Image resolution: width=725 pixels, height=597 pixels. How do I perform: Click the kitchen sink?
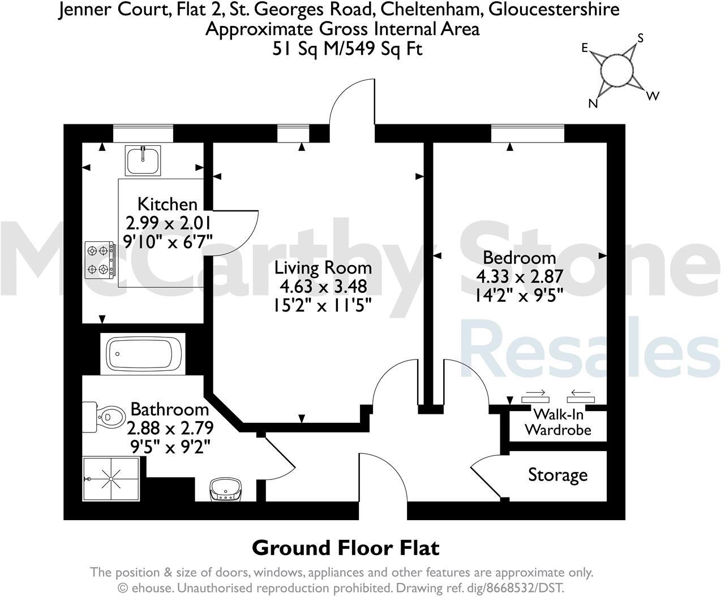click(x=143, y=160)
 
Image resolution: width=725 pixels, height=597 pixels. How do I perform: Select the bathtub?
click(x=143, y=354)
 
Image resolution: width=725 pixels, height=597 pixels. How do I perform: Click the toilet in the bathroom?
click(x=104, y=417)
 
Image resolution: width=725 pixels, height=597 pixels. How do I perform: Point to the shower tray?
click(x=111, y=479)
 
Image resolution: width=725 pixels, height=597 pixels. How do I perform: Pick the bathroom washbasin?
click(x=226, y=489)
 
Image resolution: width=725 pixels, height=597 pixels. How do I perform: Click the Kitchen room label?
click(x=168, y=204)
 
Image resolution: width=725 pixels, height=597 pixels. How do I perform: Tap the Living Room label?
click(x=323, y=268)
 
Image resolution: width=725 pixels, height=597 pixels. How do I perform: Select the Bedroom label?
click(x=520, y=258)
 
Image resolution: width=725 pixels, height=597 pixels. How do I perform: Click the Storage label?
click(x=558, y=475)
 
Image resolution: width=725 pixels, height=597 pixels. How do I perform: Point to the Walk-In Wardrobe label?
click(x=558, y=422)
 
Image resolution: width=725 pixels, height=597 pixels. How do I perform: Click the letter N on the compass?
click(x=593, y=103)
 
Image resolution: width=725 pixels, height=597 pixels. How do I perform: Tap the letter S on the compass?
click(x=641, y=38)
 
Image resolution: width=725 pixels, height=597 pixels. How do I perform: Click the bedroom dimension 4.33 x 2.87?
click(x=520, y=277)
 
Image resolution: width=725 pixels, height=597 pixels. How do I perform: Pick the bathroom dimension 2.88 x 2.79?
click(x=170, y=428)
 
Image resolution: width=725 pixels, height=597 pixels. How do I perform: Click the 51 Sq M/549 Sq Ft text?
click(x=348, y=49)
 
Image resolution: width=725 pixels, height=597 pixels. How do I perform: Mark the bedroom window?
click(x=528, y=133)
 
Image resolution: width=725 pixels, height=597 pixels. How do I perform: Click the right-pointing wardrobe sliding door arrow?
click(x=535, y=393)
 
